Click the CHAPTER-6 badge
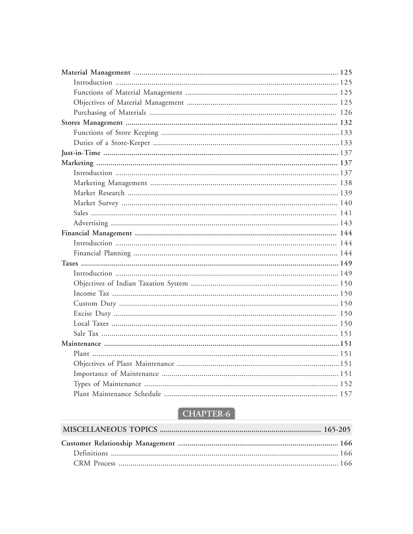pos(206,414)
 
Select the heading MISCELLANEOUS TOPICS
pos(110,430)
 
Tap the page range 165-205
pos(337,430)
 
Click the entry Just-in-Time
pos(81,153)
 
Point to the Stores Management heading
pos(92,123)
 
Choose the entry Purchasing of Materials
pos(110,113)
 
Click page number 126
pos(346,113)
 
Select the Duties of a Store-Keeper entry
pos(112,143)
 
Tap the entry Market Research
pos(99,193)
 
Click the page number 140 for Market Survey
pos(346,203)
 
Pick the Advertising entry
pos(90,223)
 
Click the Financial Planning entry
pos(102,253)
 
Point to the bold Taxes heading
pos(70,263)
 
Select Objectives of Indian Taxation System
pos(131,284)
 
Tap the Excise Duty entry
pos(92,314)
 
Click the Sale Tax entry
pos(86,334)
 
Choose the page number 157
pos(346,394)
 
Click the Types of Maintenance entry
pos(107,384)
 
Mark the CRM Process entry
pos(94,463)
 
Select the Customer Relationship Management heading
pos(118,443)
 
